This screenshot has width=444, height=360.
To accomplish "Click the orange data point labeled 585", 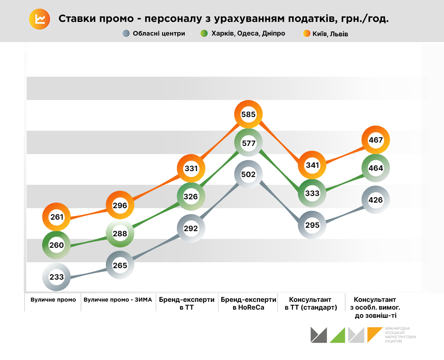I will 248,114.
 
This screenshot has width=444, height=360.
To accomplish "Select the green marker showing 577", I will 248,143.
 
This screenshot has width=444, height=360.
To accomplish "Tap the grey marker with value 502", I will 248,174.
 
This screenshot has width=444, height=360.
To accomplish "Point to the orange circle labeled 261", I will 57,217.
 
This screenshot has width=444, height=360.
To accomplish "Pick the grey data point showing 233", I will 57,277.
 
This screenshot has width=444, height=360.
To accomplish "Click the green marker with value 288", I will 120,234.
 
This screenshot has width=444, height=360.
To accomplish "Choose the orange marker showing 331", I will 191,169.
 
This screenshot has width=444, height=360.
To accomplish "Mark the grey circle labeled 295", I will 312,225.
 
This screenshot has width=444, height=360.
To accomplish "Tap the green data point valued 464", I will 376,168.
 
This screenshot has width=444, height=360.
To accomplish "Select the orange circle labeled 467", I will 376,140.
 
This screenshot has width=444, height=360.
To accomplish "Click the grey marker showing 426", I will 376,200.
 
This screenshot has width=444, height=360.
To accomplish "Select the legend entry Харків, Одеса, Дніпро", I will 248,34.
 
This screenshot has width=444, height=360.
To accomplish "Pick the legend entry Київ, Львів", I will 330,34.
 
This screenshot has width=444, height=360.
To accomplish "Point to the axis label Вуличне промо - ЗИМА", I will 118,300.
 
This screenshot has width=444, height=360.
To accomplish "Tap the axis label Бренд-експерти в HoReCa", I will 248,303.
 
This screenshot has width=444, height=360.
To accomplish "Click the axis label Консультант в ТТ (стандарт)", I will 311,303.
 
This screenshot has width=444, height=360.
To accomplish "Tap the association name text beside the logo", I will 400,334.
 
